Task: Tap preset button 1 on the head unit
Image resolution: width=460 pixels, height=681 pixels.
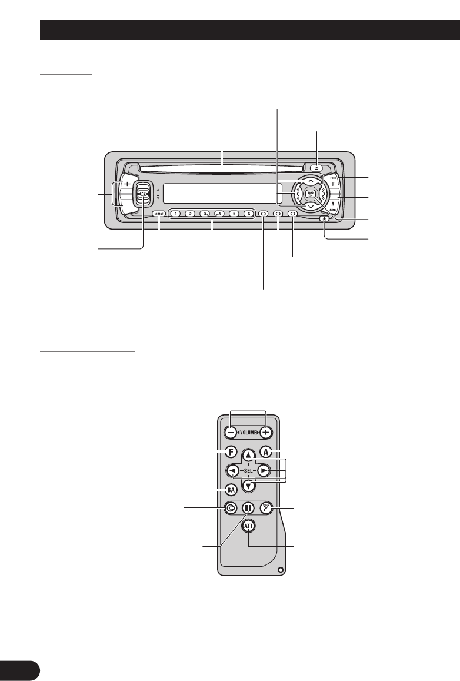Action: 175,214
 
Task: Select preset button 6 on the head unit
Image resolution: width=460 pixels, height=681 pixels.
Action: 248,214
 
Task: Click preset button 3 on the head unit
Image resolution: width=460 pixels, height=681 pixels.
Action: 205,214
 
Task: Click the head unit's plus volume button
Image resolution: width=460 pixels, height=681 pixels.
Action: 127,184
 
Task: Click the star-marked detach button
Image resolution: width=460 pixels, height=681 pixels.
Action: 325,220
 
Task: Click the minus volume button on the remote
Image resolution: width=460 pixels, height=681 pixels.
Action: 230,432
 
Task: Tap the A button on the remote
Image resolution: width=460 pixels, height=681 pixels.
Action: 266,452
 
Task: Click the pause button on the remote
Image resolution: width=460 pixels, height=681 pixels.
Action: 249,508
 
